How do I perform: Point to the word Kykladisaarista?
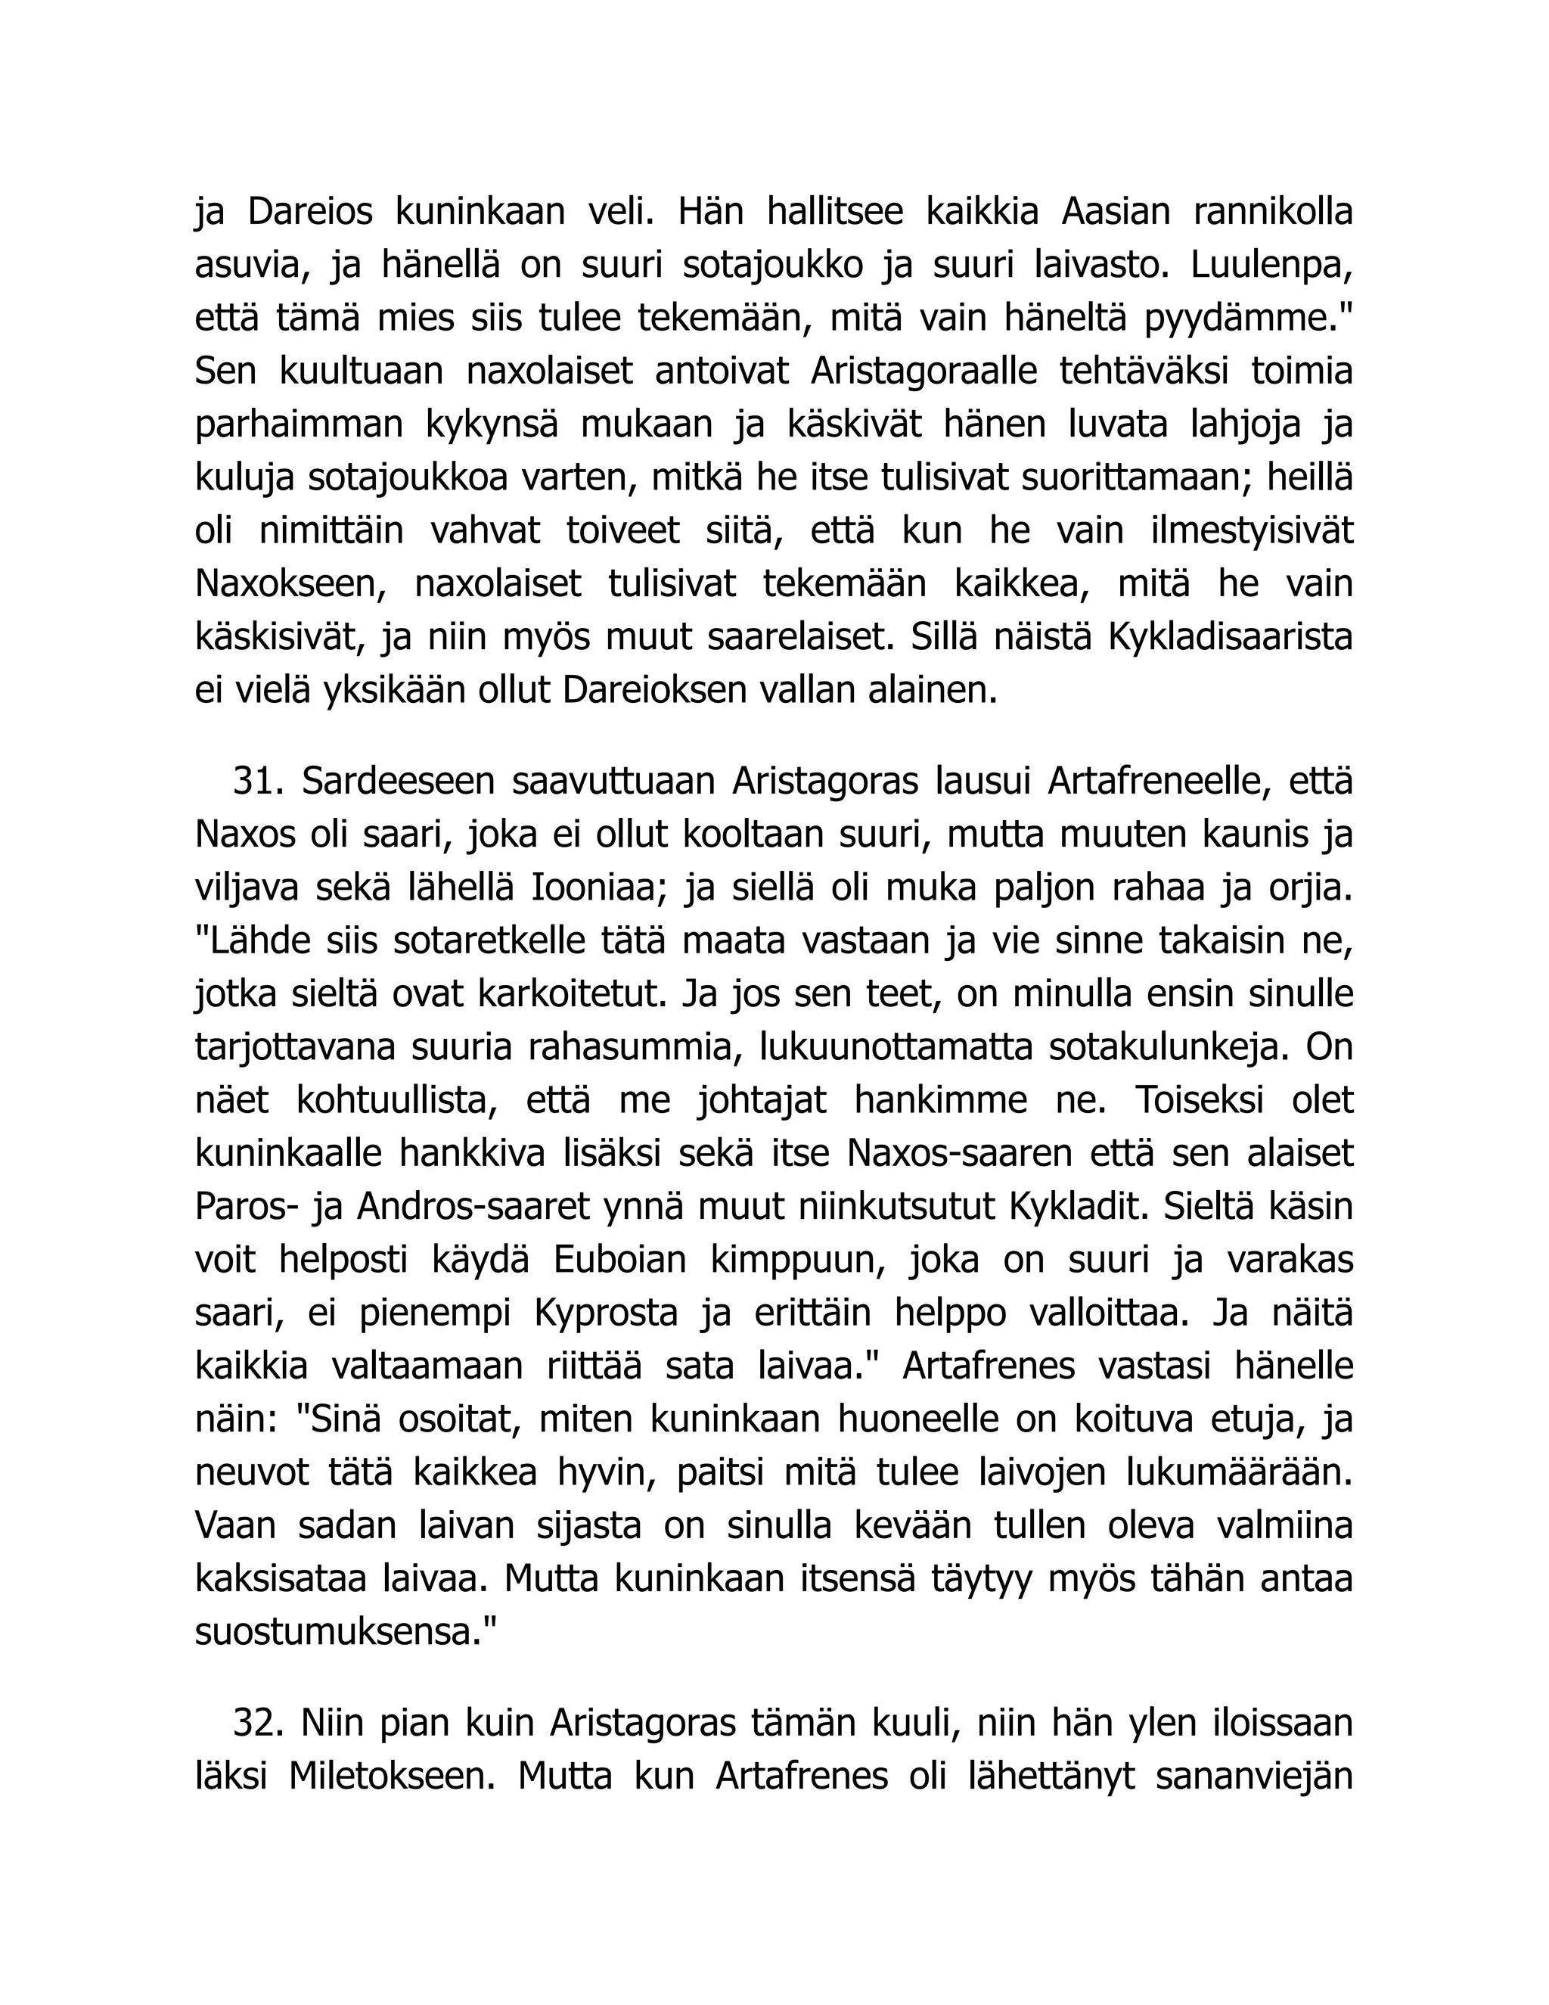click(x=1231, y=638)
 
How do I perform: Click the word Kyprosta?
click(x=606, y=1313)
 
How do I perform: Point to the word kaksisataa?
click(x=279, y=1579)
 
